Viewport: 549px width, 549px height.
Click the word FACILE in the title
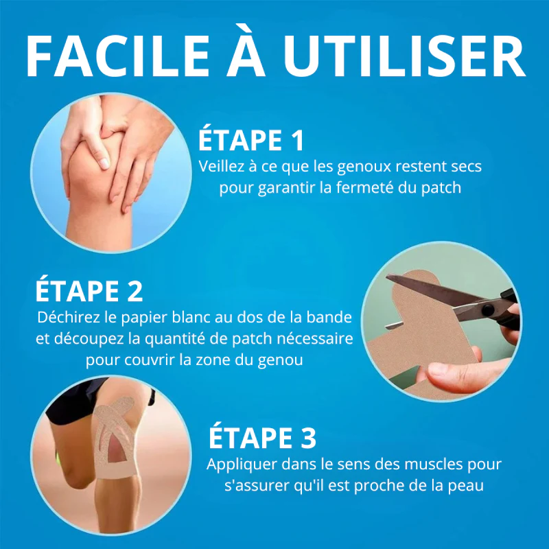tap(117, 56)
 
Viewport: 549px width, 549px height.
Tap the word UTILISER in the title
tap(404, 56)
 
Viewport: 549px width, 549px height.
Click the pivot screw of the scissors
tap(487, 309)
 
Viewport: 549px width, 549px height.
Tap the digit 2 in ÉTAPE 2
tap(135, 290)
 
